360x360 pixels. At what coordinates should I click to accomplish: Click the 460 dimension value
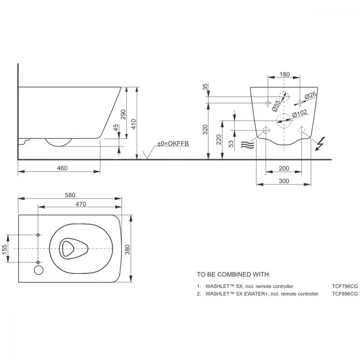tap(62, 168)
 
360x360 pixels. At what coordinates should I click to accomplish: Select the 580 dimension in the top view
tap(70, 195)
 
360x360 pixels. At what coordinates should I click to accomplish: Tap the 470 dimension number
tap(81, 204)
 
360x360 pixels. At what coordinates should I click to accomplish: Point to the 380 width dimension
tap(127, 249)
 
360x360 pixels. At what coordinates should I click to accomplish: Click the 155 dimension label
tap(4, 249)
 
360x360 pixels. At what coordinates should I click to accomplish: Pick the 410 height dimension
tap(134, 124)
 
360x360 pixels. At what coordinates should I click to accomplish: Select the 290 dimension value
tap(123, 114)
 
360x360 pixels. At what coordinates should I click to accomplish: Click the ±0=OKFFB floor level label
tap(173, 144)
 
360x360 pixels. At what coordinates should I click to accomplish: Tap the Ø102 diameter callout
tap(300, 113)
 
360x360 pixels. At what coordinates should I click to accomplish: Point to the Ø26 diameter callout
tap(310, 95)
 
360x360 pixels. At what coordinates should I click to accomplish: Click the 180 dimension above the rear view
tap(284, 75)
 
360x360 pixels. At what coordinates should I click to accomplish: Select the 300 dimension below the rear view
tap(284, 181)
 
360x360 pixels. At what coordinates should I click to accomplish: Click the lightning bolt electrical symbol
tap(320, 144)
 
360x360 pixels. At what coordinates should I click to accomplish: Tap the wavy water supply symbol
tap(247, 145)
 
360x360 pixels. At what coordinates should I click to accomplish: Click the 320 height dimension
tap(205, 130)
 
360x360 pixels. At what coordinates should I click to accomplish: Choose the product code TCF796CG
tap(345, 286)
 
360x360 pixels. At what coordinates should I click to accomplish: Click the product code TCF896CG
tap(345, 294)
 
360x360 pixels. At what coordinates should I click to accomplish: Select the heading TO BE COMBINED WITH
tap(234, 274)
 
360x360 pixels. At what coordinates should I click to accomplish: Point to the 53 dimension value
tap(231, 144)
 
